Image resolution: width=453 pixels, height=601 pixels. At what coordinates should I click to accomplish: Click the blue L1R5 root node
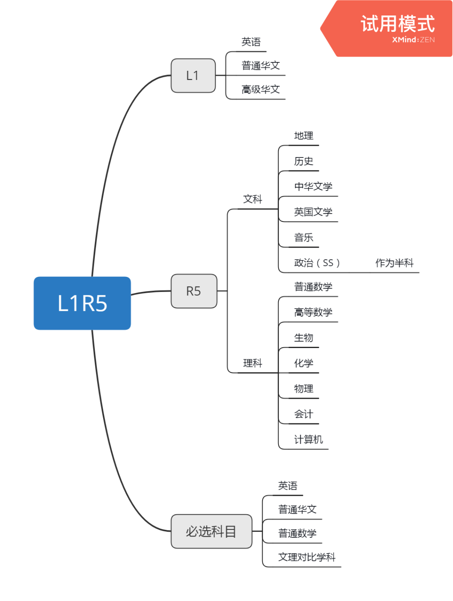(x=82, y=303)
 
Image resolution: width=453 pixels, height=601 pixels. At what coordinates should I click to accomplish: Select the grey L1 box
(x=193, y=75)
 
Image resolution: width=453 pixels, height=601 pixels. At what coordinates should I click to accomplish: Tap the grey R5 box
(x=194, y=291)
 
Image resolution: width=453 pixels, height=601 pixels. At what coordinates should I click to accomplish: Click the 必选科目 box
(x=211, y=531)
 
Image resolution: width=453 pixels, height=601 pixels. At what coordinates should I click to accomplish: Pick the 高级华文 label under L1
(x=260, y=90)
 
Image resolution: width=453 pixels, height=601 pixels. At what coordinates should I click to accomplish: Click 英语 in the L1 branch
(x=251, y=42)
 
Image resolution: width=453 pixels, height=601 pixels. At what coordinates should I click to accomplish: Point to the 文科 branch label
(x=253, y=199)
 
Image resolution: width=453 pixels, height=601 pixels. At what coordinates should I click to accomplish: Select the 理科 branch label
(x=253, y=363)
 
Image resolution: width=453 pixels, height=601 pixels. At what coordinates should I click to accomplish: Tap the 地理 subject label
(x=304, y=136)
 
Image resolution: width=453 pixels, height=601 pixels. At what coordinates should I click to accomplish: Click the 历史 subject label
(x=304, y=161)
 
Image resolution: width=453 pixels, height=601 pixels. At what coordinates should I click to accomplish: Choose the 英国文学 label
(x=313, y=212)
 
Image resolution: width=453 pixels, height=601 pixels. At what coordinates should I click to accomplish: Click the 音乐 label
(x=304, y=237)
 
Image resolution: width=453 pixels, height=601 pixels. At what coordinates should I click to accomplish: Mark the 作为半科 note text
(x=394, y=263)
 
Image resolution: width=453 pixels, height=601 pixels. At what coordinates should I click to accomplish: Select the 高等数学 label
(x=313, y=312)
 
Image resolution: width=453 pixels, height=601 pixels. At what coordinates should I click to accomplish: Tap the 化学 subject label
(x=304, y=363)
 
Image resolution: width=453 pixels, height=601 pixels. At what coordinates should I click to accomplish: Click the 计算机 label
(x=308, y=439)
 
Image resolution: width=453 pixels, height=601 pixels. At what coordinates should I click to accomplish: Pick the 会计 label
(x=304, y=414)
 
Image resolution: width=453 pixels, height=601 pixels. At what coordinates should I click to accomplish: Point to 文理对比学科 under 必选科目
(x=307, y=557)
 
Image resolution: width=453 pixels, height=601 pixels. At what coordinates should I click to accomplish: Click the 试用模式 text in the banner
(x=398, y=23)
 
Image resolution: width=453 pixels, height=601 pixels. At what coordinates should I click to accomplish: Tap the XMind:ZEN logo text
(x=413, y=40)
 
